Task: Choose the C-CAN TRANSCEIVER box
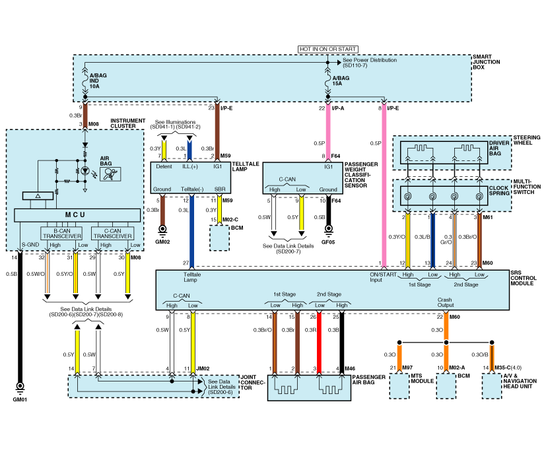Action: tap(113, 234)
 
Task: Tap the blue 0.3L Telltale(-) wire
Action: tap(191, 231)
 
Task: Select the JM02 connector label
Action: tap(203, 368)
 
